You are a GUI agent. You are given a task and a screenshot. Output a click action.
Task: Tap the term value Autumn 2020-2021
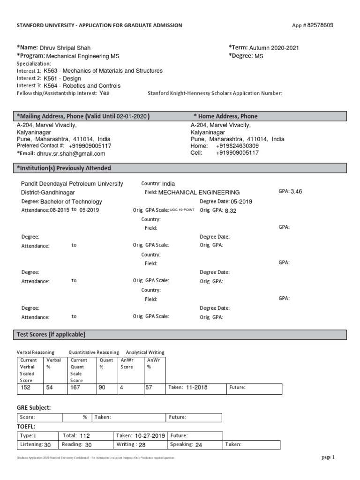pos(274,48)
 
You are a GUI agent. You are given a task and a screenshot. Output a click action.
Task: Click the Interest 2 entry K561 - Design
pos(62,78)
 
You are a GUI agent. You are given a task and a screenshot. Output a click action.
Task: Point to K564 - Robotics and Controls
pos(82,86)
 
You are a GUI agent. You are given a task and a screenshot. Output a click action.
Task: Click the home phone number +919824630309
pos(237,146)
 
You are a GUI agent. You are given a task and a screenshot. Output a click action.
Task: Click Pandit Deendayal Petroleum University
pos(73,184)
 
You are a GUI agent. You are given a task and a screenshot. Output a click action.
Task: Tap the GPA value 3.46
pos(296,192)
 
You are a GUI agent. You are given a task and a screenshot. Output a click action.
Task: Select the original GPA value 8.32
pos(231,210)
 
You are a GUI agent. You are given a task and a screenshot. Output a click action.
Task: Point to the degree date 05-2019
pos(241,201)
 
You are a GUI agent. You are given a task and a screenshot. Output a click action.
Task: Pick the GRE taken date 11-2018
pos(196,388)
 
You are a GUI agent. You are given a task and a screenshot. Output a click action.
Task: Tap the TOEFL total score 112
pos(84,435)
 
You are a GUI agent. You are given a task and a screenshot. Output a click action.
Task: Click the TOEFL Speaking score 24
pos(198,445)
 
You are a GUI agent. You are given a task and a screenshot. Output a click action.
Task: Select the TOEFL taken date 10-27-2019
pos(150,435)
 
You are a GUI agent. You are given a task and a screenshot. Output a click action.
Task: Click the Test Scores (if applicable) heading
pos(51,334)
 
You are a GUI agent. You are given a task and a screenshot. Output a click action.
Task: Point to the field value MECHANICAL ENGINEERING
pos(199,192)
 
